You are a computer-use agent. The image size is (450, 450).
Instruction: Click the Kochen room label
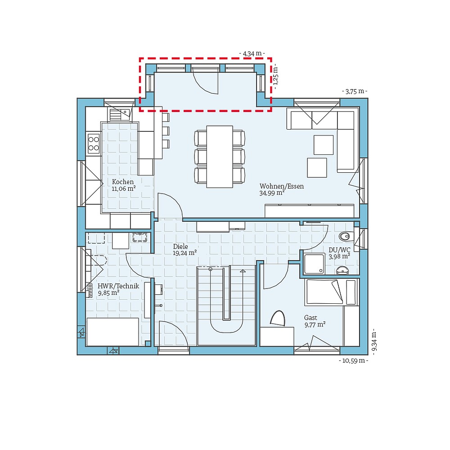[x=123, y=182]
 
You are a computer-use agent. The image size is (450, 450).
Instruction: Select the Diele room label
[x=180, y=247]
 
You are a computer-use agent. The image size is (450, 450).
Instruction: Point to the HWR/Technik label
[x=118, y=286]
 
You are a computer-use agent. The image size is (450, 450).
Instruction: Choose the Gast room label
[x=310, y=318]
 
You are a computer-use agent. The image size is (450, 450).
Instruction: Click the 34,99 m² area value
[x=272, y=193]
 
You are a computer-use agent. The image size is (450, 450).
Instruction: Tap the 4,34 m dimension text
[x=252, y=54]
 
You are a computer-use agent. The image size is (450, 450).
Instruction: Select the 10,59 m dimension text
[x=353, y=360]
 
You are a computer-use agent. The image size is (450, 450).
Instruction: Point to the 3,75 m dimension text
[x=354, y=91]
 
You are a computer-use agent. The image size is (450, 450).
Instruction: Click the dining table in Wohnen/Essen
[x=220, y=156]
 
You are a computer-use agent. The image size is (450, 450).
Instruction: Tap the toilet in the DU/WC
[x=345, y=236]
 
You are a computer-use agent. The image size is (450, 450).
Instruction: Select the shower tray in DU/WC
[x=314, y=264]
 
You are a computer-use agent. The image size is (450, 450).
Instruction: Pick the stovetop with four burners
[x=94, y=143]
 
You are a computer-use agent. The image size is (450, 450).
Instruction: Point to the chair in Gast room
[x=278, y=318]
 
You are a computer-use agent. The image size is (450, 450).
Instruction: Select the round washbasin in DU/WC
[x=342, y=270]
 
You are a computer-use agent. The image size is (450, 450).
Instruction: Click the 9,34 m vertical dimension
[x=373, y=342]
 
